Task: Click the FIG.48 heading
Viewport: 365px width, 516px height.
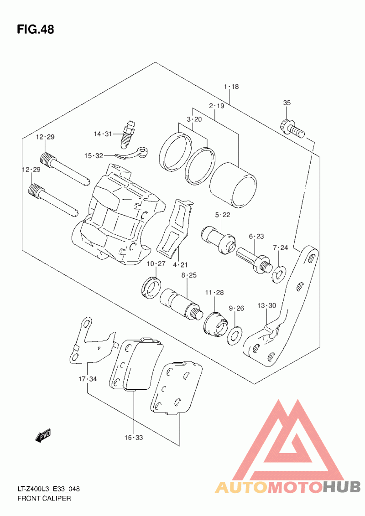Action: (36, 29)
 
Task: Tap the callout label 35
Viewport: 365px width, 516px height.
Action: (287, 103)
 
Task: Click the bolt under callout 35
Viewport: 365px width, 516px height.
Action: (292, 129)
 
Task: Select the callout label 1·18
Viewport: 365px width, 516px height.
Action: (231, 87)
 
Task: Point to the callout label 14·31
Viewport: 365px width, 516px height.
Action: (103, 134)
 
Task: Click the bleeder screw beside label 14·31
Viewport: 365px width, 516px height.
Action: (128, 134)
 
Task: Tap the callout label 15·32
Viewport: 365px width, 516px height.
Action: (94, 155)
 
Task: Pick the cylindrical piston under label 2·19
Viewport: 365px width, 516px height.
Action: (233, 185)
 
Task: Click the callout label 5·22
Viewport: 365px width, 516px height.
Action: (223, 215)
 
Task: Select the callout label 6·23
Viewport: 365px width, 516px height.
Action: (256, 236)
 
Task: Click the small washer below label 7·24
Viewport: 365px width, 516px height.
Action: (279, 275)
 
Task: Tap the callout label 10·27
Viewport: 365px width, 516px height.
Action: (156, 263)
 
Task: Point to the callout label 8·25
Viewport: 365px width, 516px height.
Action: (188, 275)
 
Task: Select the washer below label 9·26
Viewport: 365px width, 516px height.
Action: (235, 336)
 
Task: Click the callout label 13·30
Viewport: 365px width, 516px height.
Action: (266, 306)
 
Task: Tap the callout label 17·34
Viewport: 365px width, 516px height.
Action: (88, 379)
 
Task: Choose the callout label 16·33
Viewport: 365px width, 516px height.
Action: (134, 437)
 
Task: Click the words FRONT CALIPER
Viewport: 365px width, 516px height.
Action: (44, 498)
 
